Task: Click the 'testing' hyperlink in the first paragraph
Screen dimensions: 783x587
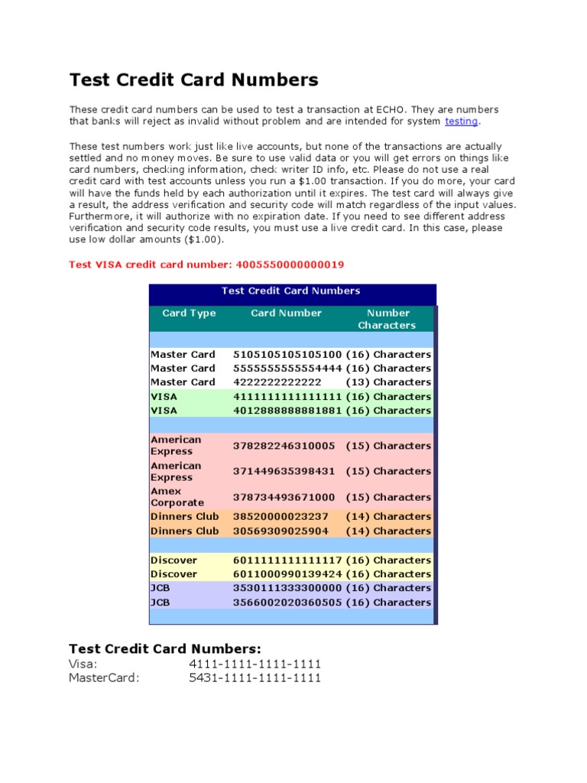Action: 461,121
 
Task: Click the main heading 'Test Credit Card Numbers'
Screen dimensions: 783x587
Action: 193,80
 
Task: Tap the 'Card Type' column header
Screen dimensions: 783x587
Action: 189,313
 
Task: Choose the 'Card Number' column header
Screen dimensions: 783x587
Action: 286,313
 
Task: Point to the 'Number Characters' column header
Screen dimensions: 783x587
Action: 388,319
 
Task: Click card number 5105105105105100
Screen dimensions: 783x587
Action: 287,355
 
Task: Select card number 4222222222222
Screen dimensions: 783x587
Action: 277,382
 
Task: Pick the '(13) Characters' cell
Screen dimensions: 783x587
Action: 388,382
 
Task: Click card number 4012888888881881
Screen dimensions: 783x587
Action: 287,411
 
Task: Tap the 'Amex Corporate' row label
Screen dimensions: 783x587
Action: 177,497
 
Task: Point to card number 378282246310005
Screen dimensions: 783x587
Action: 284,446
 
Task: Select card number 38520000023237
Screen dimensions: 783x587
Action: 281,517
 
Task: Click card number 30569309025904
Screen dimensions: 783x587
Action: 281,531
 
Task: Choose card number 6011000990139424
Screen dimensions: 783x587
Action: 287,574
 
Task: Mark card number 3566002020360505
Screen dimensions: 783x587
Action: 287,603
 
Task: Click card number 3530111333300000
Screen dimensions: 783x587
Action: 287,588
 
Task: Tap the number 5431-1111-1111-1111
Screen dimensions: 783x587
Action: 255,677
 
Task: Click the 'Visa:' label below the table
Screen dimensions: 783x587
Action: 83,664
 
